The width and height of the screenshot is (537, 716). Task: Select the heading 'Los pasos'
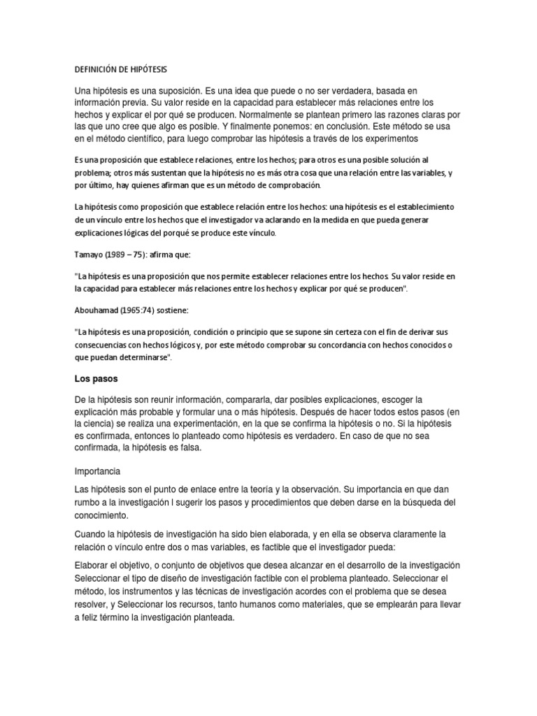point(97,379)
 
